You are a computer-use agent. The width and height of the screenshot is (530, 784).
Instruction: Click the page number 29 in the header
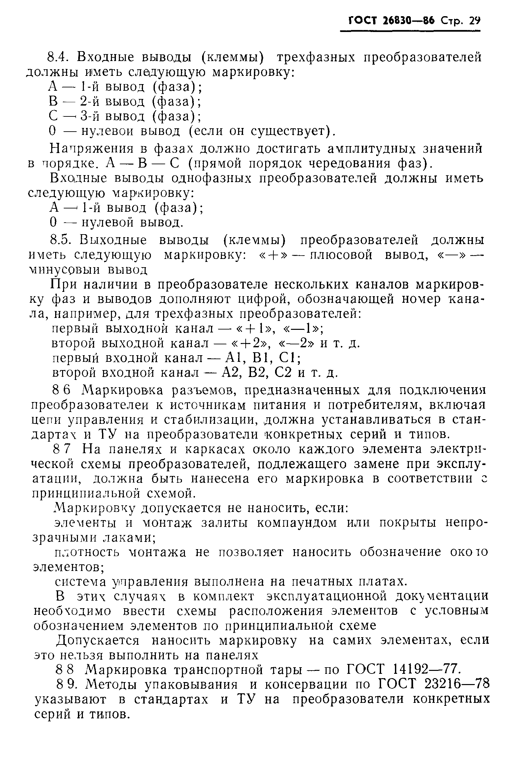[474, 20]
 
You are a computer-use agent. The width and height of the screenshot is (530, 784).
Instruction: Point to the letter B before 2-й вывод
[53, 101]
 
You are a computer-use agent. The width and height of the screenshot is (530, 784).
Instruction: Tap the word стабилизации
[212, 420]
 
